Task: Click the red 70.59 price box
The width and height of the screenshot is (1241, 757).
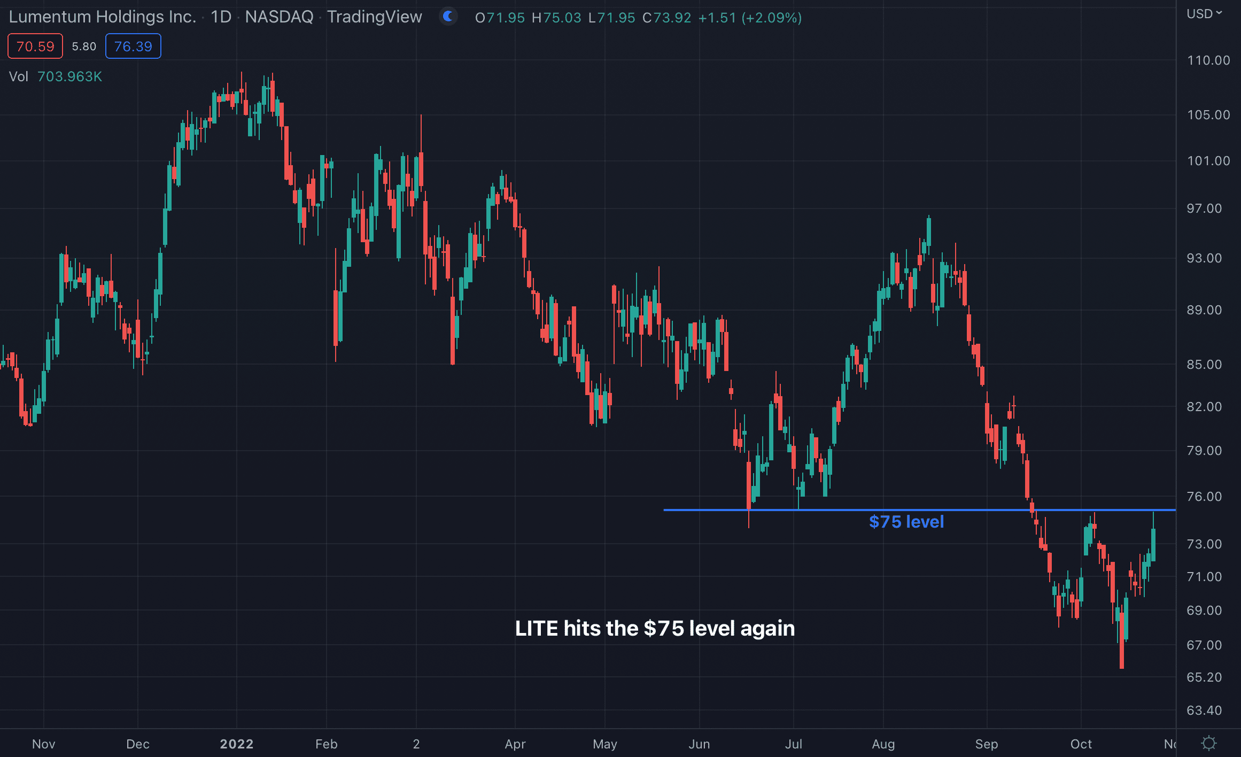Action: (x=35, y=47)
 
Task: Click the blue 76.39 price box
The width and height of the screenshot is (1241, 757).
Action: (x=133, y=47)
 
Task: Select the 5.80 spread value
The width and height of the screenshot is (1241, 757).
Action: (x=84, y=47)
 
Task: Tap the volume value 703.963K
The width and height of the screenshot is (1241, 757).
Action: (x=69, y=76)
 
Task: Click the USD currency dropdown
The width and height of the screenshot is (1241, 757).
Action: (x=1204, y=14)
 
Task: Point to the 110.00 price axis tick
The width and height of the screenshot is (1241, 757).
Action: (x=1208, y=60)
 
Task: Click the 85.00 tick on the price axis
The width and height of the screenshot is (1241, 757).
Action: (x=1204, y=365)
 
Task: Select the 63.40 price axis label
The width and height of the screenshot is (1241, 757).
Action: (x=1204, y=710)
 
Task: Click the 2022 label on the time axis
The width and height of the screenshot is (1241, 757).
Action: (x=237, y=744)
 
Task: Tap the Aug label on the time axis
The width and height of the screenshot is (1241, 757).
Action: (x=883, y=744)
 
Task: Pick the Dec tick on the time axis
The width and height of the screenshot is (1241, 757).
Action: (x=137, y=744)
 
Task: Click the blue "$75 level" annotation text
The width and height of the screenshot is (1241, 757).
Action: (x=906, y=522)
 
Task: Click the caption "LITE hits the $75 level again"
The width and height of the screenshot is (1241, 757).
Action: (x=655, y=629)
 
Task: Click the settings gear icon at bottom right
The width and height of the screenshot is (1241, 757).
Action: (x=1209, y=743)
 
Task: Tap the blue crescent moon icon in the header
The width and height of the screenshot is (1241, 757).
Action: (x=448, y=17)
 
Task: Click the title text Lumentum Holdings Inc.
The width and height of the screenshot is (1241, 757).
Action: (x=103, y=17)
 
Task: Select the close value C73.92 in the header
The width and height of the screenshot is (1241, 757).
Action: (x=666, y=18)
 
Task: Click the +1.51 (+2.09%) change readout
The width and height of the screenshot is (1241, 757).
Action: (x=750, y=18)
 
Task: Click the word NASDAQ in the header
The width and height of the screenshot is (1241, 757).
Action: (x=279, y=17)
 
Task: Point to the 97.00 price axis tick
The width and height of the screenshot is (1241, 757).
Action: (x=1204, y=208)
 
